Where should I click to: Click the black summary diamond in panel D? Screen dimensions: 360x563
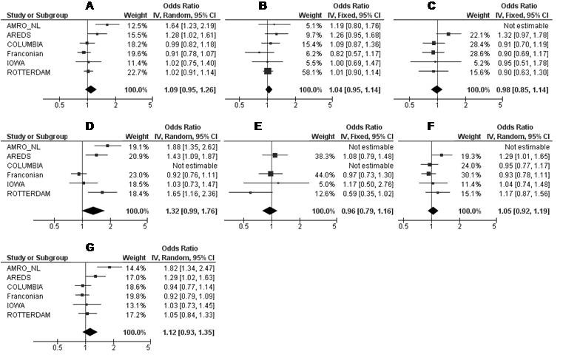pyautogui.click(x=92, y=211)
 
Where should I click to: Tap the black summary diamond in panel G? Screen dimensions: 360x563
pyautogui.click(x=90, y=332)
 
